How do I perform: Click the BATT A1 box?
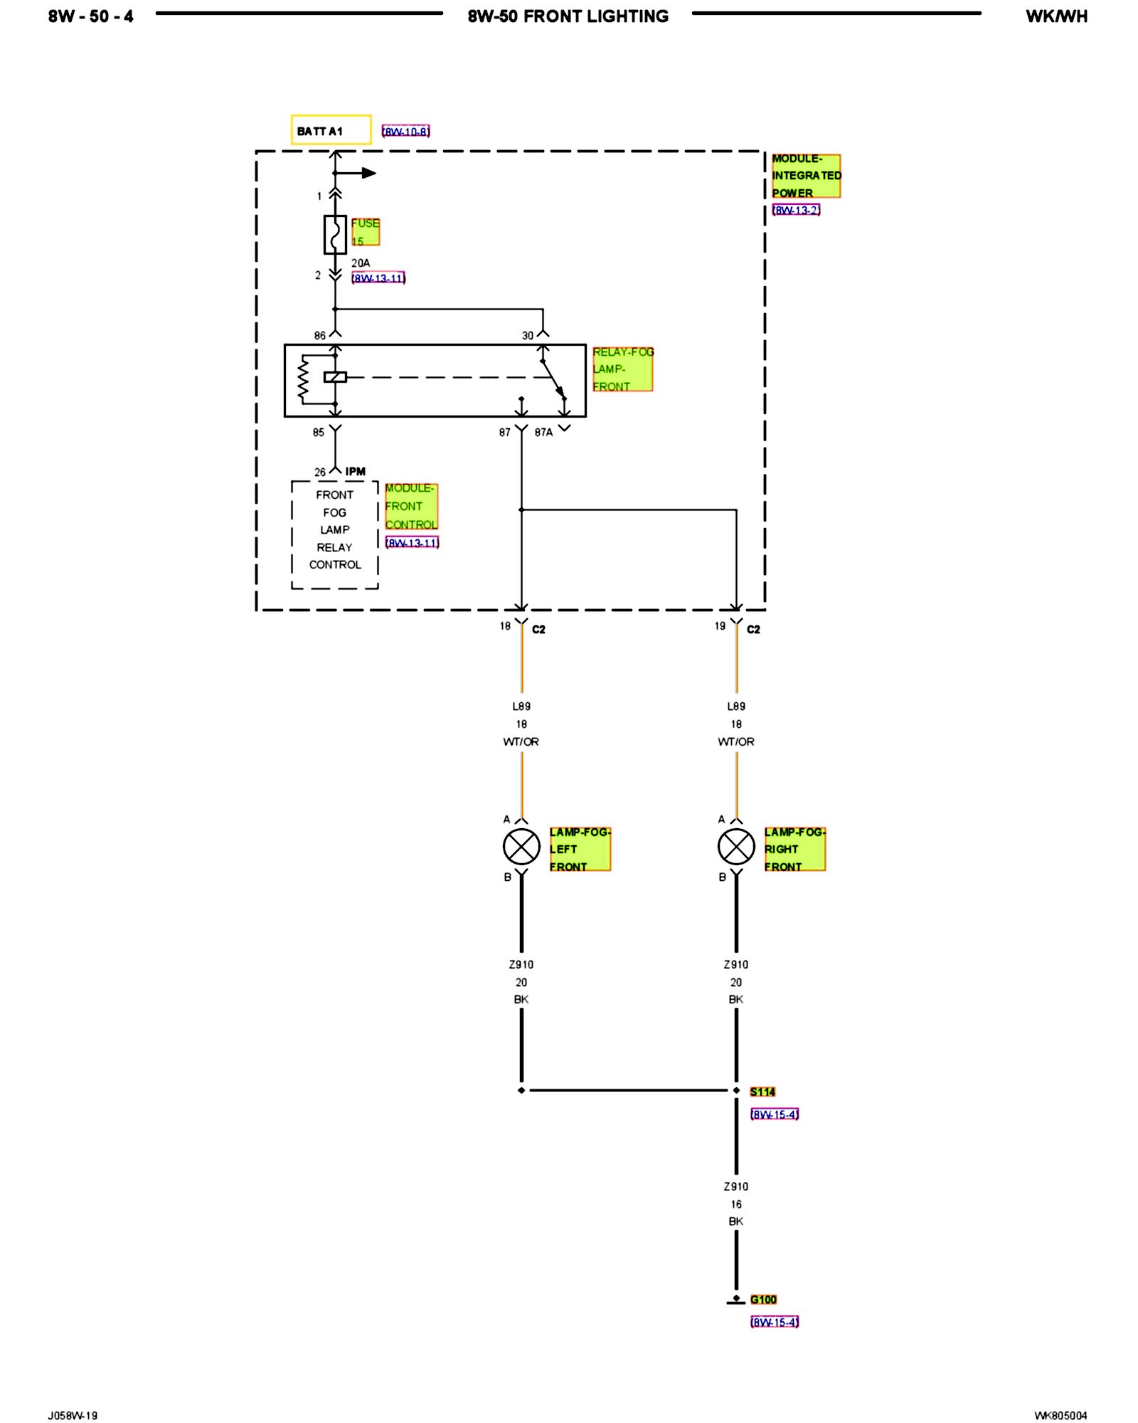pos(331,130)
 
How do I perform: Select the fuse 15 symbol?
pos(335,234)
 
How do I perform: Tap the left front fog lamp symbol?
pos(521,847)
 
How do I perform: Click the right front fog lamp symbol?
pos(736,847)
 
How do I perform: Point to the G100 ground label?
pos(763,1299)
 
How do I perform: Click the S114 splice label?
pos(762,1091)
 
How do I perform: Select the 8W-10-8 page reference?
pos(405,132)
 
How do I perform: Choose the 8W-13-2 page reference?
pos(796,210)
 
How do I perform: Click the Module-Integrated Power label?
pos(806,176)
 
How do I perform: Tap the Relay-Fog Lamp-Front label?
pos(622,369)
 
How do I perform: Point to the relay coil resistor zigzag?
pos(304,378)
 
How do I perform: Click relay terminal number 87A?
pos(543,432)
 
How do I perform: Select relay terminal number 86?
pos(320,335)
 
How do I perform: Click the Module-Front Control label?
pos(411,507)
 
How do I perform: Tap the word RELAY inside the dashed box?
pos(334,547)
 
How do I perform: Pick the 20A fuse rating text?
pos(361,263)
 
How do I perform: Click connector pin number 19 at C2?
pos(720,626)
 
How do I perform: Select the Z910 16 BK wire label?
pos(736,1204)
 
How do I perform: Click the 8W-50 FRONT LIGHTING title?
pos(568,16)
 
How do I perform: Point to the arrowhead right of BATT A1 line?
pos(368,173)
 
